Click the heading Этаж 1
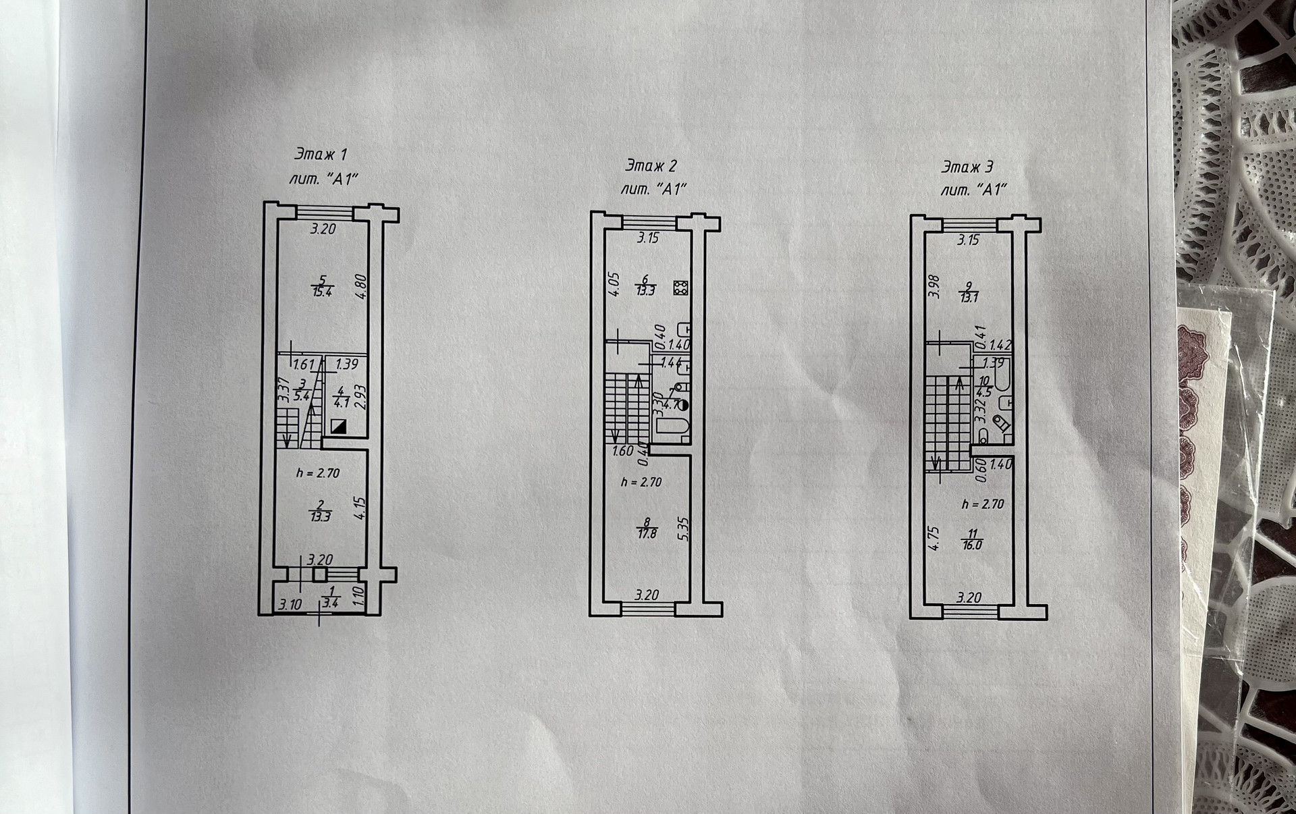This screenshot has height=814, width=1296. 321,155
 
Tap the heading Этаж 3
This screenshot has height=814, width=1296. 967,167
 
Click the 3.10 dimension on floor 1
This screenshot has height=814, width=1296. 290,605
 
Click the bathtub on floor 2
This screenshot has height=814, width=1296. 672,427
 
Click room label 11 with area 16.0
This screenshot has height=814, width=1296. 971,539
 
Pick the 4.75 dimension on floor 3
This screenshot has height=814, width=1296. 935,539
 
